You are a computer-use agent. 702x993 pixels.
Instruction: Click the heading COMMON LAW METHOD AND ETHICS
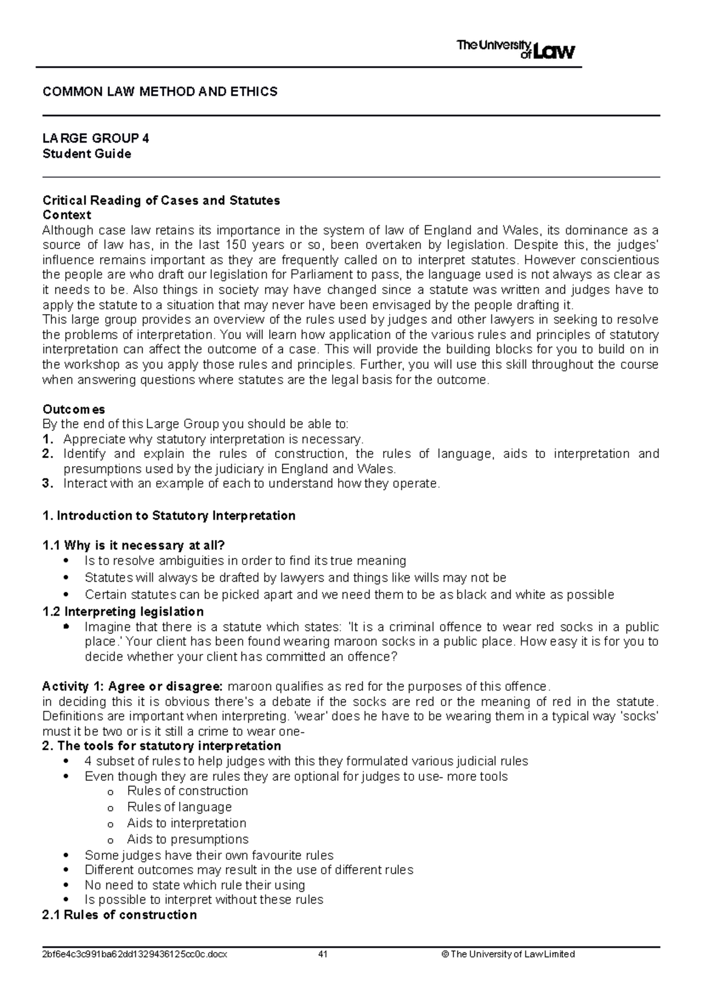tap(160, 92)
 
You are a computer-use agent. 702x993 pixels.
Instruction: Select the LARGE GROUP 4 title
tap(96, 139)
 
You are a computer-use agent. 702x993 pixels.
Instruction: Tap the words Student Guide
tap(87, 154)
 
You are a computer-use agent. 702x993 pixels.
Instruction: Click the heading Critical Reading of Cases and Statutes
tap(161, 201)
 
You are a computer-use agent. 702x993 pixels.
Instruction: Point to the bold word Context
tap(67, 215)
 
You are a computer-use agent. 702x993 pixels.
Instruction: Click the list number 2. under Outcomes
tap(48, 454)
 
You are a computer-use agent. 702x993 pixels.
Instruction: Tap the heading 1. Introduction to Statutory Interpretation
tap(169, 516)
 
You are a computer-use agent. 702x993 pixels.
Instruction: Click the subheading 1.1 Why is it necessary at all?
tap(134, 546)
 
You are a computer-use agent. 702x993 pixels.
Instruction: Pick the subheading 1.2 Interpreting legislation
tap(123, 612)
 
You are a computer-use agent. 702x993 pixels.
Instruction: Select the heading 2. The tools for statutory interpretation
tap(162, 746)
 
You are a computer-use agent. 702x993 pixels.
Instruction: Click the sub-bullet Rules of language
tap(179, 807)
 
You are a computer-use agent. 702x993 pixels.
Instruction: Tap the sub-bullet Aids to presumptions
tap(187, 839)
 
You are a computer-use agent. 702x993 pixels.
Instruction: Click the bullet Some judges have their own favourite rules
tap(209, 855)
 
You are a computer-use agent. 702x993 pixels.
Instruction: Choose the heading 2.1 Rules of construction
tap(120, 915)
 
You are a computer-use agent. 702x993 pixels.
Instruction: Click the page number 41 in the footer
tap(322, 954)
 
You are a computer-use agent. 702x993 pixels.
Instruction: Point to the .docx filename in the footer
tap(135, 954)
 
